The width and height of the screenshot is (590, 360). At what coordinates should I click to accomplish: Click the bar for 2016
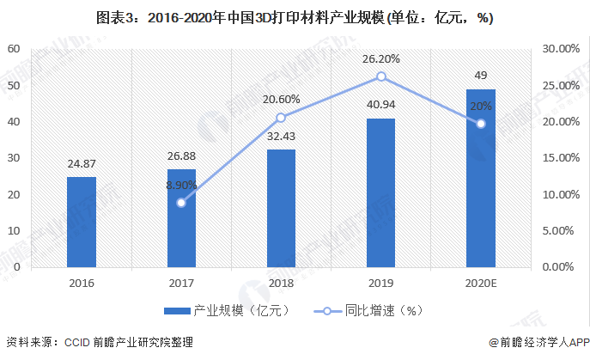point(82,222)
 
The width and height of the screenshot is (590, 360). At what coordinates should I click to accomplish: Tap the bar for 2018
point(281,208)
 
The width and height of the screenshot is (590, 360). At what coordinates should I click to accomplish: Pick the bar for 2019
point(380,192)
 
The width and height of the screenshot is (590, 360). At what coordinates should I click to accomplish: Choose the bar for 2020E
point(480,178)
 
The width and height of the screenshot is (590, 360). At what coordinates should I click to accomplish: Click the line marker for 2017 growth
point(181,203)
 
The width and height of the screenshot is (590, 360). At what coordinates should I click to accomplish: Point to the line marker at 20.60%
point(281,118)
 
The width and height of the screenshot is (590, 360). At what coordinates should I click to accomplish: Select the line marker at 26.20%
point(380,76)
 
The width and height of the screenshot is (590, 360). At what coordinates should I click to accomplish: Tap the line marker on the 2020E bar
point(480,123)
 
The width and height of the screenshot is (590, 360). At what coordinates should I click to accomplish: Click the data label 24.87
point(82,163)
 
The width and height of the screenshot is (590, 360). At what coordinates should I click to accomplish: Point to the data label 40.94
point(380,105)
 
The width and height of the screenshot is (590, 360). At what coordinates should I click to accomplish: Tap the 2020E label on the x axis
point(480,282)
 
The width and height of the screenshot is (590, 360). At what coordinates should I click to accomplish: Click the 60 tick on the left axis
point(14,49)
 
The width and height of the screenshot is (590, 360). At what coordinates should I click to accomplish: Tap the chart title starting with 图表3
point(295,17)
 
